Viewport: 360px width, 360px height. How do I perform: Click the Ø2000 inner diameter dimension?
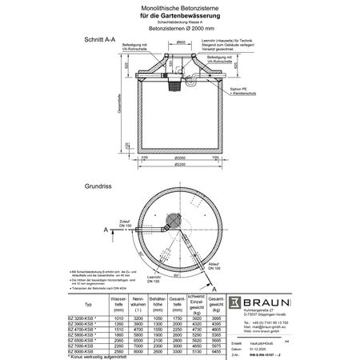182,158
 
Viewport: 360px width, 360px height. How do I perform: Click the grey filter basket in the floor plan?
170,219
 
